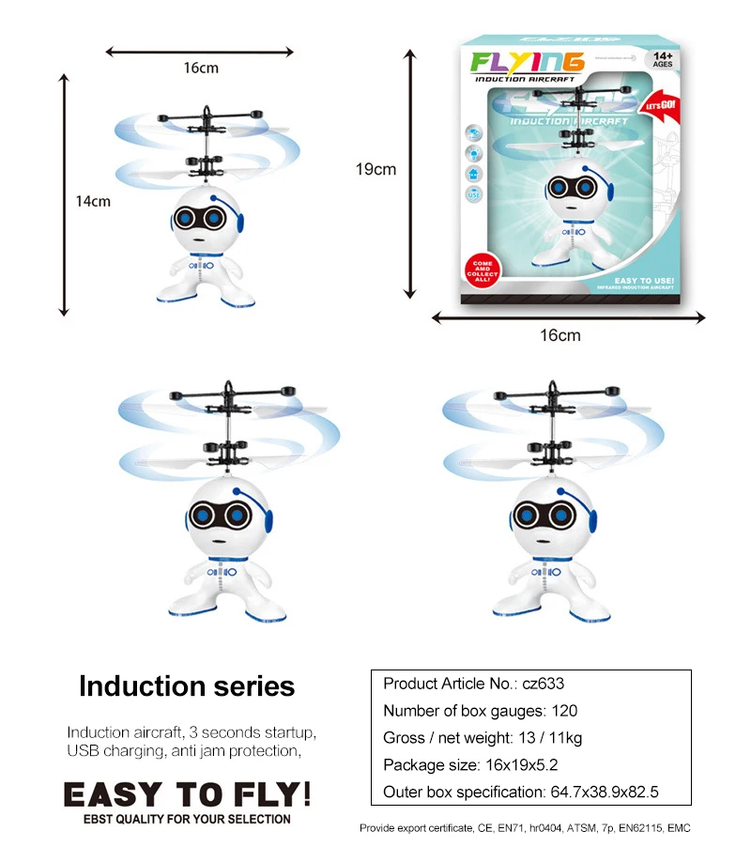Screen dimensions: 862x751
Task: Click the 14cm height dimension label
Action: click(x=94, y=200)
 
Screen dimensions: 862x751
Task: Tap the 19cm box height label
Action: click(x=375, y=170)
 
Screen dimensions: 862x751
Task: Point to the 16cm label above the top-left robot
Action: click(x=201, y=68)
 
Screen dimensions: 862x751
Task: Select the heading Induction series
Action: click(x=187, y=686)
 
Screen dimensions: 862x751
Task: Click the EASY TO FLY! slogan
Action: click(x=187, y=794)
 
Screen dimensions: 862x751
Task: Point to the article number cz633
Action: click(x=544, y=684)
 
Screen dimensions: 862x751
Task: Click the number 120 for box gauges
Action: click(x=562, y=711)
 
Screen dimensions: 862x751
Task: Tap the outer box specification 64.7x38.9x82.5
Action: click(x=601, y=793)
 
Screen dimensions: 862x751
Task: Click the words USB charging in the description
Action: click(x=110, y=750)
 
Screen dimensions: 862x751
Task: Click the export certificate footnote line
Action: click(x=525, y=828)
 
